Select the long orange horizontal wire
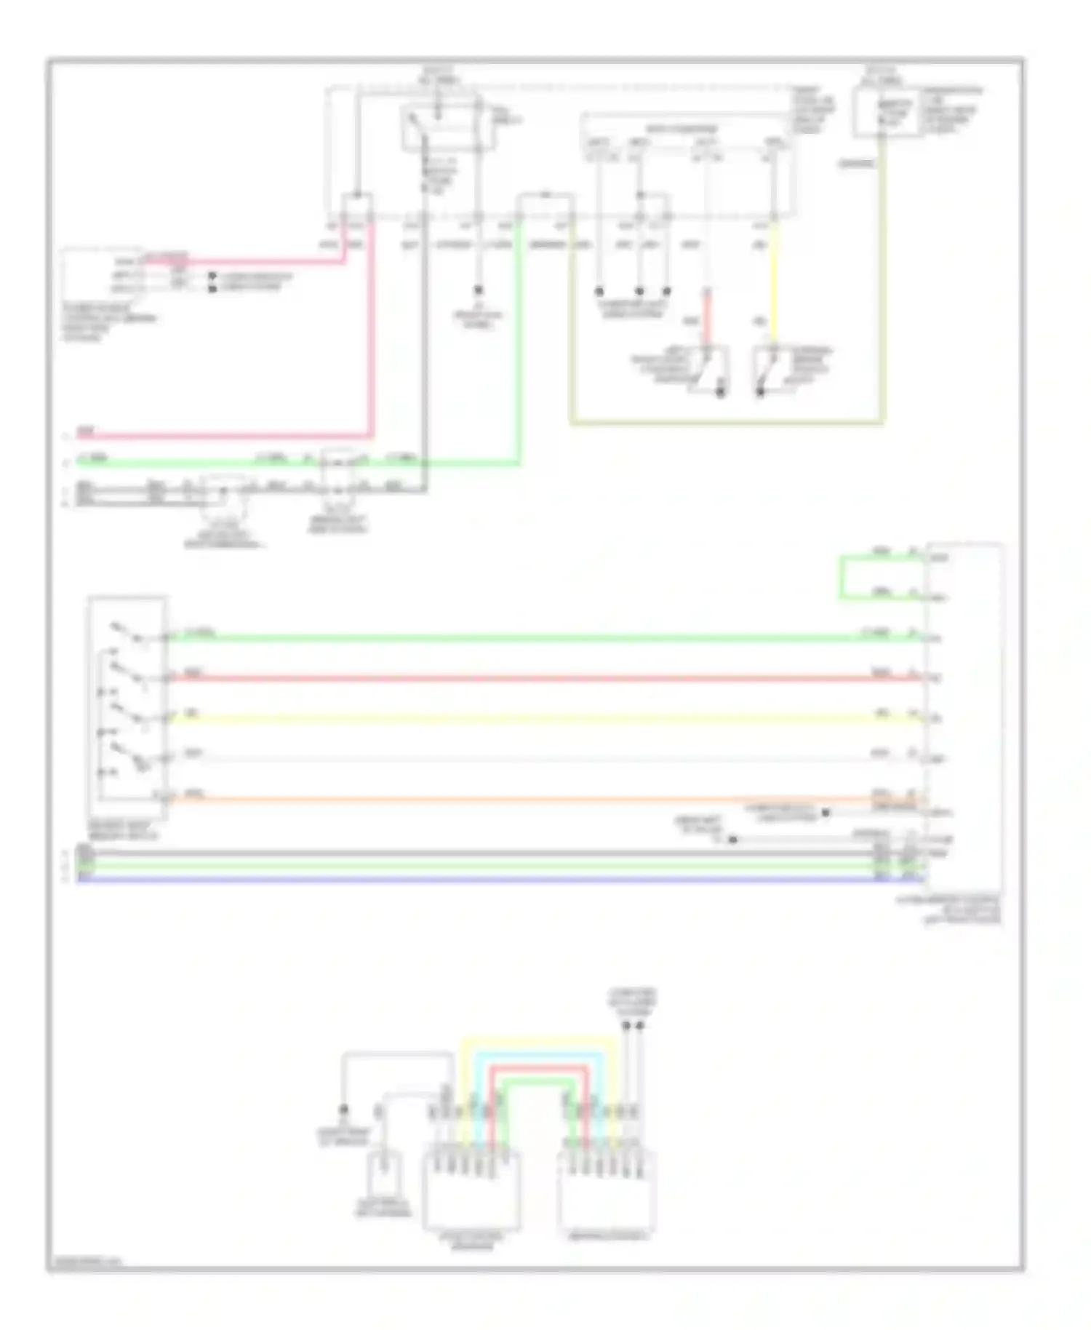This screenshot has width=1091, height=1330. coord(509,800)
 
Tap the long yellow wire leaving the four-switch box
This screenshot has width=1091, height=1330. coord(509,719)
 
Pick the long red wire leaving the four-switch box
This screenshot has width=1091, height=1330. coord(509,679)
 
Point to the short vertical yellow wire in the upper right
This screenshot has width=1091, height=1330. coord(773,284)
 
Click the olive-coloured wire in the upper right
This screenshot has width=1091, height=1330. coord(727,421)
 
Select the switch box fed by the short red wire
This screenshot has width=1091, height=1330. coord(708,370)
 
